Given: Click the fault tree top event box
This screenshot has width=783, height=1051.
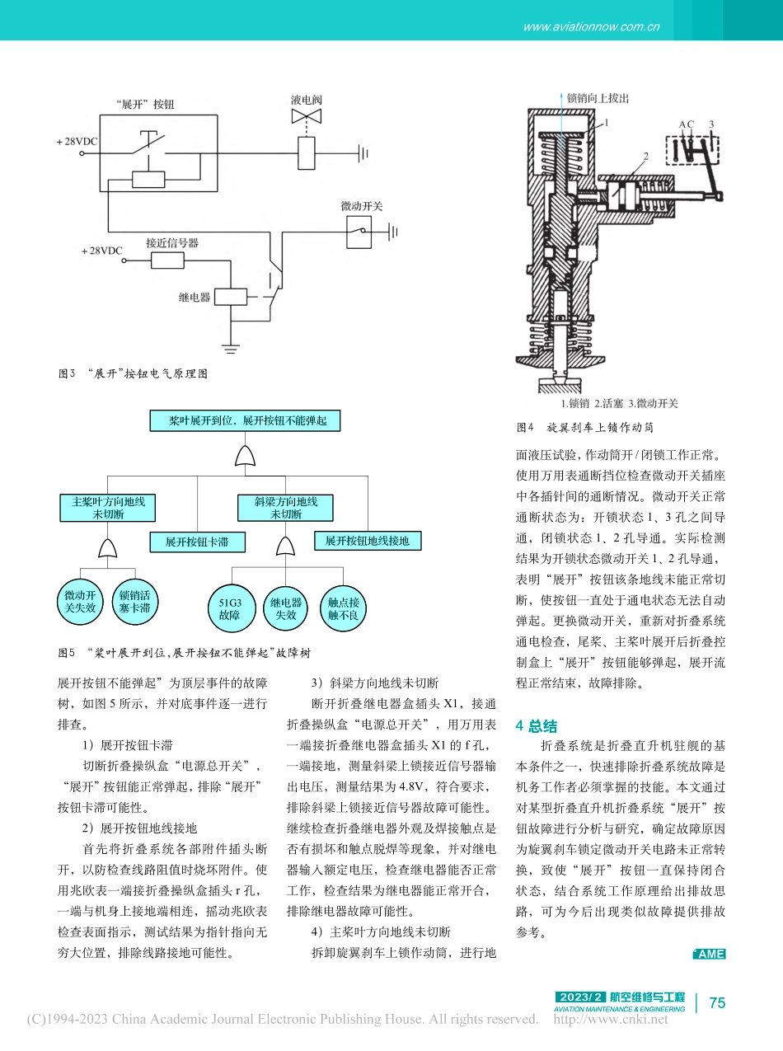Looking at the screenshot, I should tap(244, 420).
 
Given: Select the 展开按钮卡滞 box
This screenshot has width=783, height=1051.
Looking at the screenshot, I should tap(196, 542).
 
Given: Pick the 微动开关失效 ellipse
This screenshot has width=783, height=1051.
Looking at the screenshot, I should tap(80, 602).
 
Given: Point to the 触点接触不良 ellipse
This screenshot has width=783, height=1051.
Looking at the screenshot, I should tap(342, 608).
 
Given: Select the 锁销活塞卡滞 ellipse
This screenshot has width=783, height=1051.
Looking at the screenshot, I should tap(134, 602).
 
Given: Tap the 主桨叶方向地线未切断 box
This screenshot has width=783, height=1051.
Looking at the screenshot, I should tap(108, 508).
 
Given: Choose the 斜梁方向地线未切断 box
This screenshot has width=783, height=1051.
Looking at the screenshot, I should tap(286, 508).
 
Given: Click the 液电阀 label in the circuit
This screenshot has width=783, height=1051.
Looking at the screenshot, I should tap(306, 100).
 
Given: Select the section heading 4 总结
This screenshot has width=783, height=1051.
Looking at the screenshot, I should tap(537, 726).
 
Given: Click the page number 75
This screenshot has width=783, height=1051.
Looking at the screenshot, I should tap(717, 1002).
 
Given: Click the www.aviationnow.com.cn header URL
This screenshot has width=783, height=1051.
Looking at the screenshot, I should tap(591, 26).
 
